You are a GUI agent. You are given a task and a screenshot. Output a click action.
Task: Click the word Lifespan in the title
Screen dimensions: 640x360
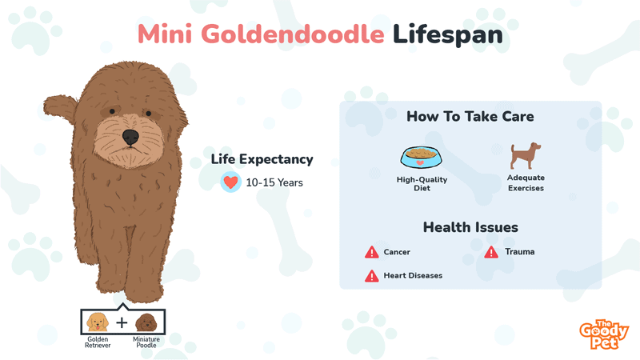[448, 34]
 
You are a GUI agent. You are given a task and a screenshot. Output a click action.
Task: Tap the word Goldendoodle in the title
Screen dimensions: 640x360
[293, 34]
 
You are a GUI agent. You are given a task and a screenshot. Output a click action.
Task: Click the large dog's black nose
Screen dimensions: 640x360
[130, 137]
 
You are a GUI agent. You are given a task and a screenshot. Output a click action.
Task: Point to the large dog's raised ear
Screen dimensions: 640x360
[60, 108]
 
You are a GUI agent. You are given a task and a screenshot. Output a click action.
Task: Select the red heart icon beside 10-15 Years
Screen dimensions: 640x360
[230, 182]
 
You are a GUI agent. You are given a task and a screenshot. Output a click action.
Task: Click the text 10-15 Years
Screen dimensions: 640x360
[274, 182]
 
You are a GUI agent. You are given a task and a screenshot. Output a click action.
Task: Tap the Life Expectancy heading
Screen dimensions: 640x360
[262, 159]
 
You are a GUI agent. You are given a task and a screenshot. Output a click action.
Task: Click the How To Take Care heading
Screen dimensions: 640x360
[470, 116]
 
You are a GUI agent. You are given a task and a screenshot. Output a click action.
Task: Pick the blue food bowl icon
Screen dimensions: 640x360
[422, 157]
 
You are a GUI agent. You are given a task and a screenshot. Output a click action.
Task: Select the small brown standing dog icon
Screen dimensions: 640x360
[526, 155]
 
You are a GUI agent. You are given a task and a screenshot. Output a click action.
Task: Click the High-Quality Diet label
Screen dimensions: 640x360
[422, 184]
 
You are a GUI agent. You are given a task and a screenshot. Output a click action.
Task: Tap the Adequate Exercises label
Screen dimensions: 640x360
[526, 183]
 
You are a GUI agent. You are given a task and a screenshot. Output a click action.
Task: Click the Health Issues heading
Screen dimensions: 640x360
[470, 227]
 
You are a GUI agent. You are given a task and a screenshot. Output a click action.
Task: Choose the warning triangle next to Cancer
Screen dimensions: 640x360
[371, 252]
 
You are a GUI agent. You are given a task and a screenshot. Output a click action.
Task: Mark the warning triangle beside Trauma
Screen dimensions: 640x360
[491, 252]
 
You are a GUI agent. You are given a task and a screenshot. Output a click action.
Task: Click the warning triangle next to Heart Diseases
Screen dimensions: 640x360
[371, 276]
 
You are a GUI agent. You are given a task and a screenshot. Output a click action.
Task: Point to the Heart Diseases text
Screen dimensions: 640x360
[413, 275]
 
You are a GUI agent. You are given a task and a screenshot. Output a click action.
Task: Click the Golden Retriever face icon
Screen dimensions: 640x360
[98, 322]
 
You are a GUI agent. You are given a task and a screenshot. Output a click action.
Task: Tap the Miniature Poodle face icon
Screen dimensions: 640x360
[146, 322]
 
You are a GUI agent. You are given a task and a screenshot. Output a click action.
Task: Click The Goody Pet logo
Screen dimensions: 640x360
[604, 334]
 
